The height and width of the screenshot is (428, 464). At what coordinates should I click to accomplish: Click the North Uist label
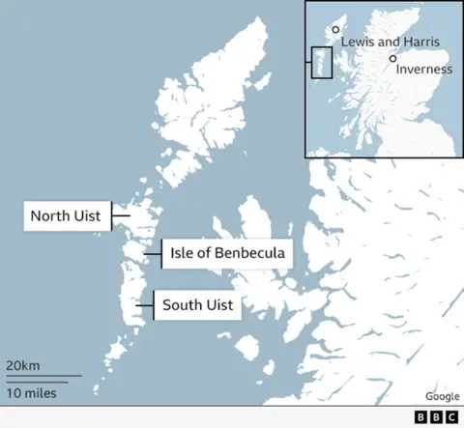(65, 216)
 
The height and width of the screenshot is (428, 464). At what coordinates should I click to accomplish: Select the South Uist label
(197, 305)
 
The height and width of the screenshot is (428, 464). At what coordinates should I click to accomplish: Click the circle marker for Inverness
(392, 58)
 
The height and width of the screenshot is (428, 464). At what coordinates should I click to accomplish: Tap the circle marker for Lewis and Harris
(335, 30)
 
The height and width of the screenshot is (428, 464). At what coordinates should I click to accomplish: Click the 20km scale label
(22, 365)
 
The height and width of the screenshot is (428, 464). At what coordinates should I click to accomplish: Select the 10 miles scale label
(32, 392)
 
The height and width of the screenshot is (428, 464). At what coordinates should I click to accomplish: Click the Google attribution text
(442, 396)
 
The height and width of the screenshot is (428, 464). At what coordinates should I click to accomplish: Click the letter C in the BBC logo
(450, 417)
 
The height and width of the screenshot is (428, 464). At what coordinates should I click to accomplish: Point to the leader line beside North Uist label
(120, 216)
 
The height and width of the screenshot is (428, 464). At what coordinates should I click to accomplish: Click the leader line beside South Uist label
(144, 305)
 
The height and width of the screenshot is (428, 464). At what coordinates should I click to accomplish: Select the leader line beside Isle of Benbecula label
(153, 253)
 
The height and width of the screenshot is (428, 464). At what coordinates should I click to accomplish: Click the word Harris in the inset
(420, 43)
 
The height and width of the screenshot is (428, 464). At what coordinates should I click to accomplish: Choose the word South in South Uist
(182, 305)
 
